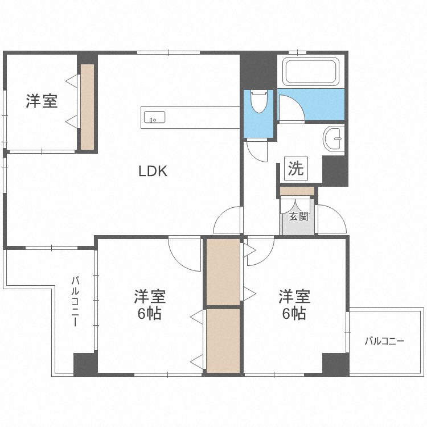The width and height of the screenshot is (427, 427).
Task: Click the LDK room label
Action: pyautogui.click(x=153, y=171)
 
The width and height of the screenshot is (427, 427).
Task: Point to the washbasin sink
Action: pyautogui.click(x=333, y=137)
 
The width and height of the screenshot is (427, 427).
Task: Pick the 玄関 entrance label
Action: pyautogui.click(x=298, y=216)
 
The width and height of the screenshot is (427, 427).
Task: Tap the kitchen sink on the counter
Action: pyautogui.click(x=154, y=118)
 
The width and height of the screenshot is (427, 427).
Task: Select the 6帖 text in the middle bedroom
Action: pyautogui.click(x=150, y=313)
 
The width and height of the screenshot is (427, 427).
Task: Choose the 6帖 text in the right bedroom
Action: pyautogui.click(x=294, y=313)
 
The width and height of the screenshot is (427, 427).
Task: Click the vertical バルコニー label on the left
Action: pyautogui.click(x=75, y=301)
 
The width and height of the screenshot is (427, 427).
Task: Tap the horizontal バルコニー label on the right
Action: pyautogui.click(x=384, y=341)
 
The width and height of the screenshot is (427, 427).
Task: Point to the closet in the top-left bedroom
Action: pyautogui.click(x=87, y=107)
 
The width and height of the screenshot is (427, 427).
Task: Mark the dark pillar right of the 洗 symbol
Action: pyautogui.click(x=334, y=171)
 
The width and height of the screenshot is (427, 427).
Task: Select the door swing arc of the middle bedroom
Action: pyautogui.click(x=183, y=252)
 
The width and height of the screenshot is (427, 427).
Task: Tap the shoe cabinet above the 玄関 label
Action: pyautogui.click(x=297, y=191)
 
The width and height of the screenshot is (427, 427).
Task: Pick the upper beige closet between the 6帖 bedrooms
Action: pyautogui.click(x=223, y=272)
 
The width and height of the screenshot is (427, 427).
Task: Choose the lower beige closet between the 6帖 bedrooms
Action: pyautogui.click(x=223, y=340)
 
